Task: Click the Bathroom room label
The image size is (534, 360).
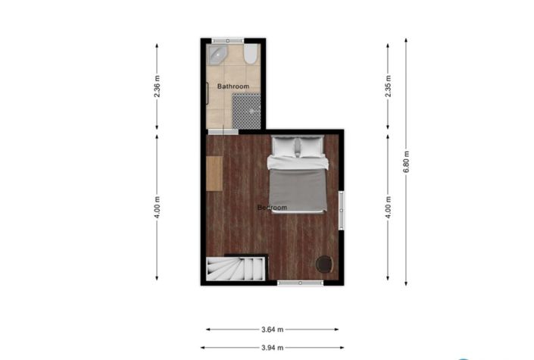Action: [233, 86]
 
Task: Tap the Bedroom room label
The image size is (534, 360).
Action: [272, 208]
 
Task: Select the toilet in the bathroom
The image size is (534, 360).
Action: [251, 54]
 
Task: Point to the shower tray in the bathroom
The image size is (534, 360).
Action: [246, 111]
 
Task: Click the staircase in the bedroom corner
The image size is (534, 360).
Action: [236, 268]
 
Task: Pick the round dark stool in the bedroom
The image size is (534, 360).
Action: [324, 264]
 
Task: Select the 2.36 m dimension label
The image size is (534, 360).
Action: [157, 88]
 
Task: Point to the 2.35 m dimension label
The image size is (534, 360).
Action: [388, 87]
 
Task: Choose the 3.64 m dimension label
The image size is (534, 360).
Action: [272, 330]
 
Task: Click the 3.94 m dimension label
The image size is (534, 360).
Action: [272, 348]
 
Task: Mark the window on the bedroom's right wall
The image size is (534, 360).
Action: [341, 210]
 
